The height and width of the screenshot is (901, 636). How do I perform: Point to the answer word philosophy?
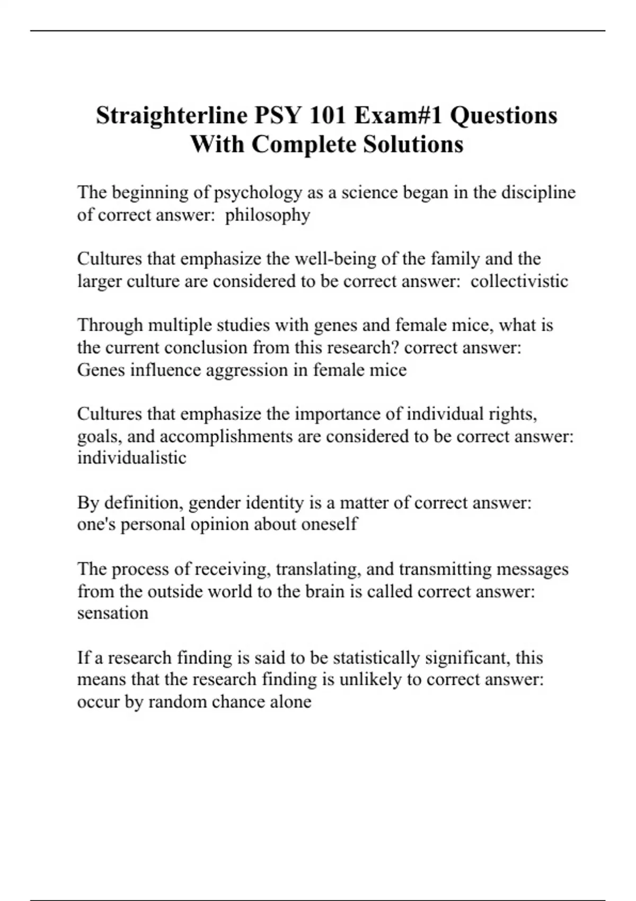tap(268, 215)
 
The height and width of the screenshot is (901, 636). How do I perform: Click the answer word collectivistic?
tap(519, 281)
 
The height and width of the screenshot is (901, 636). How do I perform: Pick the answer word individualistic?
tap(132, 457)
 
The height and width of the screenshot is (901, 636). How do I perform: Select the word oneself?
tap(329, 524)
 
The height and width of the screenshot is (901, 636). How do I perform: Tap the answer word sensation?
tap(113, 613)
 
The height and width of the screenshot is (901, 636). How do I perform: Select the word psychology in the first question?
tap(258, 193)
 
